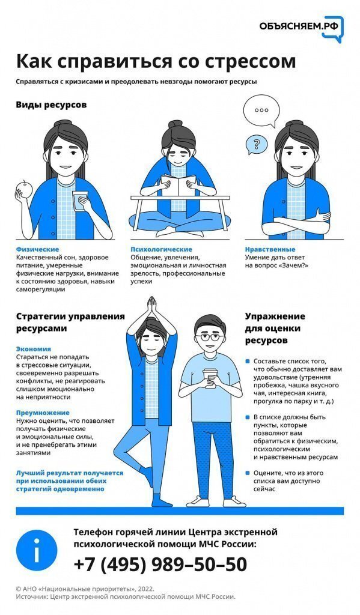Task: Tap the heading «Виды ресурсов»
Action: click(x=52, y=105)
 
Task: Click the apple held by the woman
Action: click(x=23, y=190)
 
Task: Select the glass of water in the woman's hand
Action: click(x=80, y=201)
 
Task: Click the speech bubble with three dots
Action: click(x=261, y=111)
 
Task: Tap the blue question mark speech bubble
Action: click(x=257, y=144)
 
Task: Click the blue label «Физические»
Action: click(x=38, y=249)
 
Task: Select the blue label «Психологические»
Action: click(x=161, y=249)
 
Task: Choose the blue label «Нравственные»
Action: click(x=270, y=249)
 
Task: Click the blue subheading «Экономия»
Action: click(x=34, y=349)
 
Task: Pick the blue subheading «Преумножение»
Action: click(x=43, y=413)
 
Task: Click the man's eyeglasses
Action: click(x=210, y=337)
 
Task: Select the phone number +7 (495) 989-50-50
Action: click(x=160, y=565)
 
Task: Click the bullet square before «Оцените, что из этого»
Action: click(x=248, y=473)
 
